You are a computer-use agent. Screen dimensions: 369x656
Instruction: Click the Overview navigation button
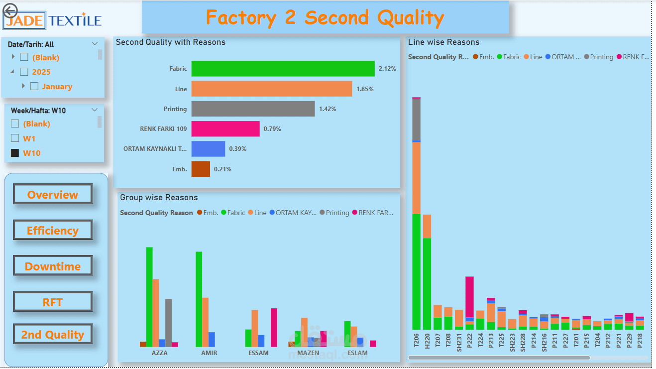(x=53, y=195)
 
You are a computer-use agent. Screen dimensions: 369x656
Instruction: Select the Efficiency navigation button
(x=53, y=231)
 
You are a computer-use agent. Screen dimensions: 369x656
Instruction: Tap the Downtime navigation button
(x=53, y=266)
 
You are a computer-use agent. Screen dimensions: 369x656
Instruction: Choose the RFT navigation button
(x=53, y=302)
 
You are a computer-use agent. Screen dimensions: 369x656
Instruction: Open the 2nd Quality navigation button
(x=53, y=335)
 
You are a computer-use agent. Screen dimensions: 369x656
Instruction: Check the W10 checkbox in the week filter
(x=15, y=153)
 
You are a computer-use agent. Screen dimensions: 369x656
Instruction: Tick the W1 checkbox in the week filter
(x=15, y=138)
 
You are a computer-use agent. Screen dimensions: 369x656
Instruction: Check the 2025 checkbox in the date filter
(x=24, y=72)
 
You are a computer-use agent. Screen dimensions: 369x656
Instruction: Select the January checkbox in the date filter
(x=34, y=86)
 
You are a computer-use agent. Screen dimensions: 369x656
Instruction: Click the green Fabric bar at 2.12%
(x=283, y=69)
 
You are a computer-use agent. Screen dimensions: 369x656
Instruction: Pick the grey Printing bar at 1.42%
(x=253, y=109)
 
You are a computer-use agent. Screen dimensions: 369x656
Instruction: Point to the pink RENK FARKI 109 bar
(x=225, y=128)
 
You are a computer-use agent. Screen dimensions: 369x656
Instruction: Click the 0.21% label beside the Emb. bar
(x=222, y=169)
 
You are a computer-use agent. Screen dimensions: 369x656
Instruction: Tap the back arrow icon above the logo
(x=10, y=10)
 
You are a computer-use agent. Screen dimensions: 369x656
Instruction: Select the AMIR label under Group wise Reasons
(x=209, y=353)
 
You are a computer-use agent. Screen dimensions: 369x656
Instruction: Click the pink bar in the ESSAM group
(x=274, y=327)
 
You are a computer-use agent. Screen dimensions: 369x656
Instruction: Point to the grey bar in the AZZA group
(x=168, y=322)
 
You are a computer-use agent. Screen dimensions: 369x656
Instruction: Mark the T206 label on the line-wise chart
(x=417, y=340)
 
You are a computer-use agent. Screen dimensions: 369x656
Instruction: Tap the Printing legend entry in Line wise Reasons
(x=598, y=57)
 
